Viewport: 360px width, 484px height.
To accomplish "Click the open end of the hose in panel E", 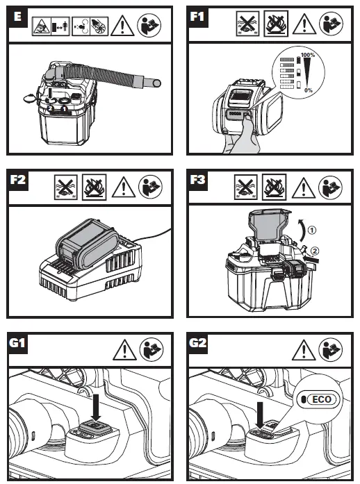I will (x=157, y=83).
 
